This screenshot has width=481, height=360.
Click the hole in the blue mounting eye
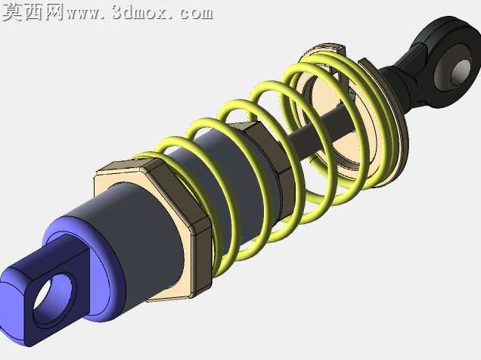53,296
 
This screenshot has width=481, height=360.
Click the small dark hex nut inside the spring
267,160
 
